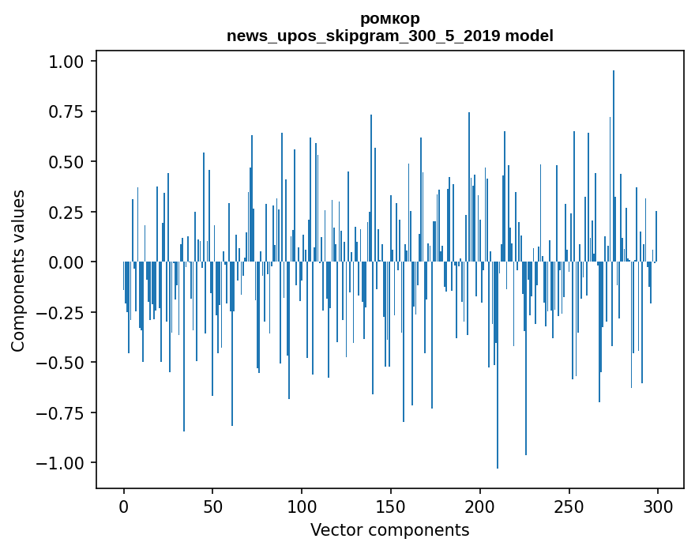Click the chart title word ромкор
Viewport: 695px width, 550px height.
coord(389,18)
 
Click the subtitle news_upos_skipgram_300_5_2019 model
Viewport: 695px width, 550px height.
coord(389,36)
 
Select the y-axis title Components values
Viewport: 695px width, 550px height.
coord(17,270)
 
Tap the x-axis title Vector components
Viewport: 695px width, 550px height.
coord(389,529)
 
